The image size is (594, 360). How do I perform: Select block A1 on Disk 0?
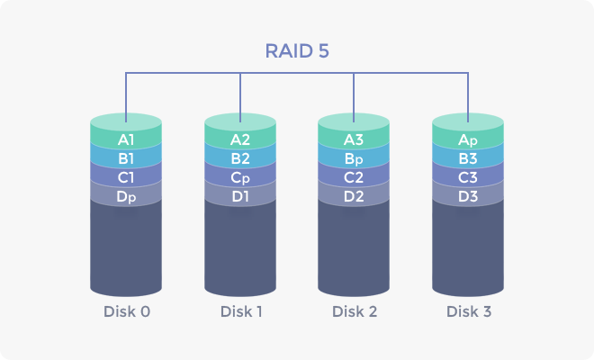pyautogui.click(x=126, y=139)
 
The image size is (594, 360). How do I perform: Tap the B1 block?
pyautogui.click(x=126, y=159)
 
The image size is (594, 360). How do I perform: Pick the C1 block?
pyautogui.click(x=126, y=177)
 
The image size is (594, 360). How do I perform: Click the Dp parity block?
pyautogui.click(x=126, y=196)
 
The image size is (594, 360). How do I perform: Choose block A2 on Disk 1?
pyautogui.click(x=240, y=139)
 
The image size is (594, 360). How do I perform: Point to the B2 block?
pyautogui.click(x=240, y=159)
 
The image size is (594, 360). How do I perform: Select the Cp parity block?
pyautogui.click(x=240, y=177)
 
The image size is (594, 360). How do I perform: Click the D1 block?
pyautogui.click(x=240, y=196)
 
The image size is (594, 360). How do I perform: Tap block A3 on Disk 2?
pyautogui.click(x=354, y=139)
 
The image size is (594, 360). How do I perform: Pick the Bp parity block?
pyautogui.click(x=354, y=159)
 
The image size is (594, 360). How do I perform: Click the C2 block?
pyautogui.click(x=354, y=177)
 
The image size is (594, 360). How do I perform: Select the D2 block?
pyautogui.click(x=354, y=196)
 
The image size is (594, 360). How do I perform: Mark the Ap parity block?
pyautogui.click(x=468, y=139)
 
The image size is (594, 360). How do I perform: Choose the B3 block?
pyautogui.click(x=468, y=159)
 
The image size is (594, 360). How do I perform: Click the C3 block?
pyautogui.click(x=468, y=177)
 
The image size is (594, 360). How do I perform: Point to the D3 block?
pyautogui.click(x=468, y=196)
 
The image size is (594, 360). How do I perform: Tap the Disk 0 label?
pyautogui.click(x=126, y=312)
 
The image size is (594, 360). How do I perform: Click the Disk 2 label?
pyautogui.click(x=354, y=312)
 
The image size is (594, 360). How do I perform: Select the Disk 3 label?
pyautogui.click(x=468, y=312)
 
